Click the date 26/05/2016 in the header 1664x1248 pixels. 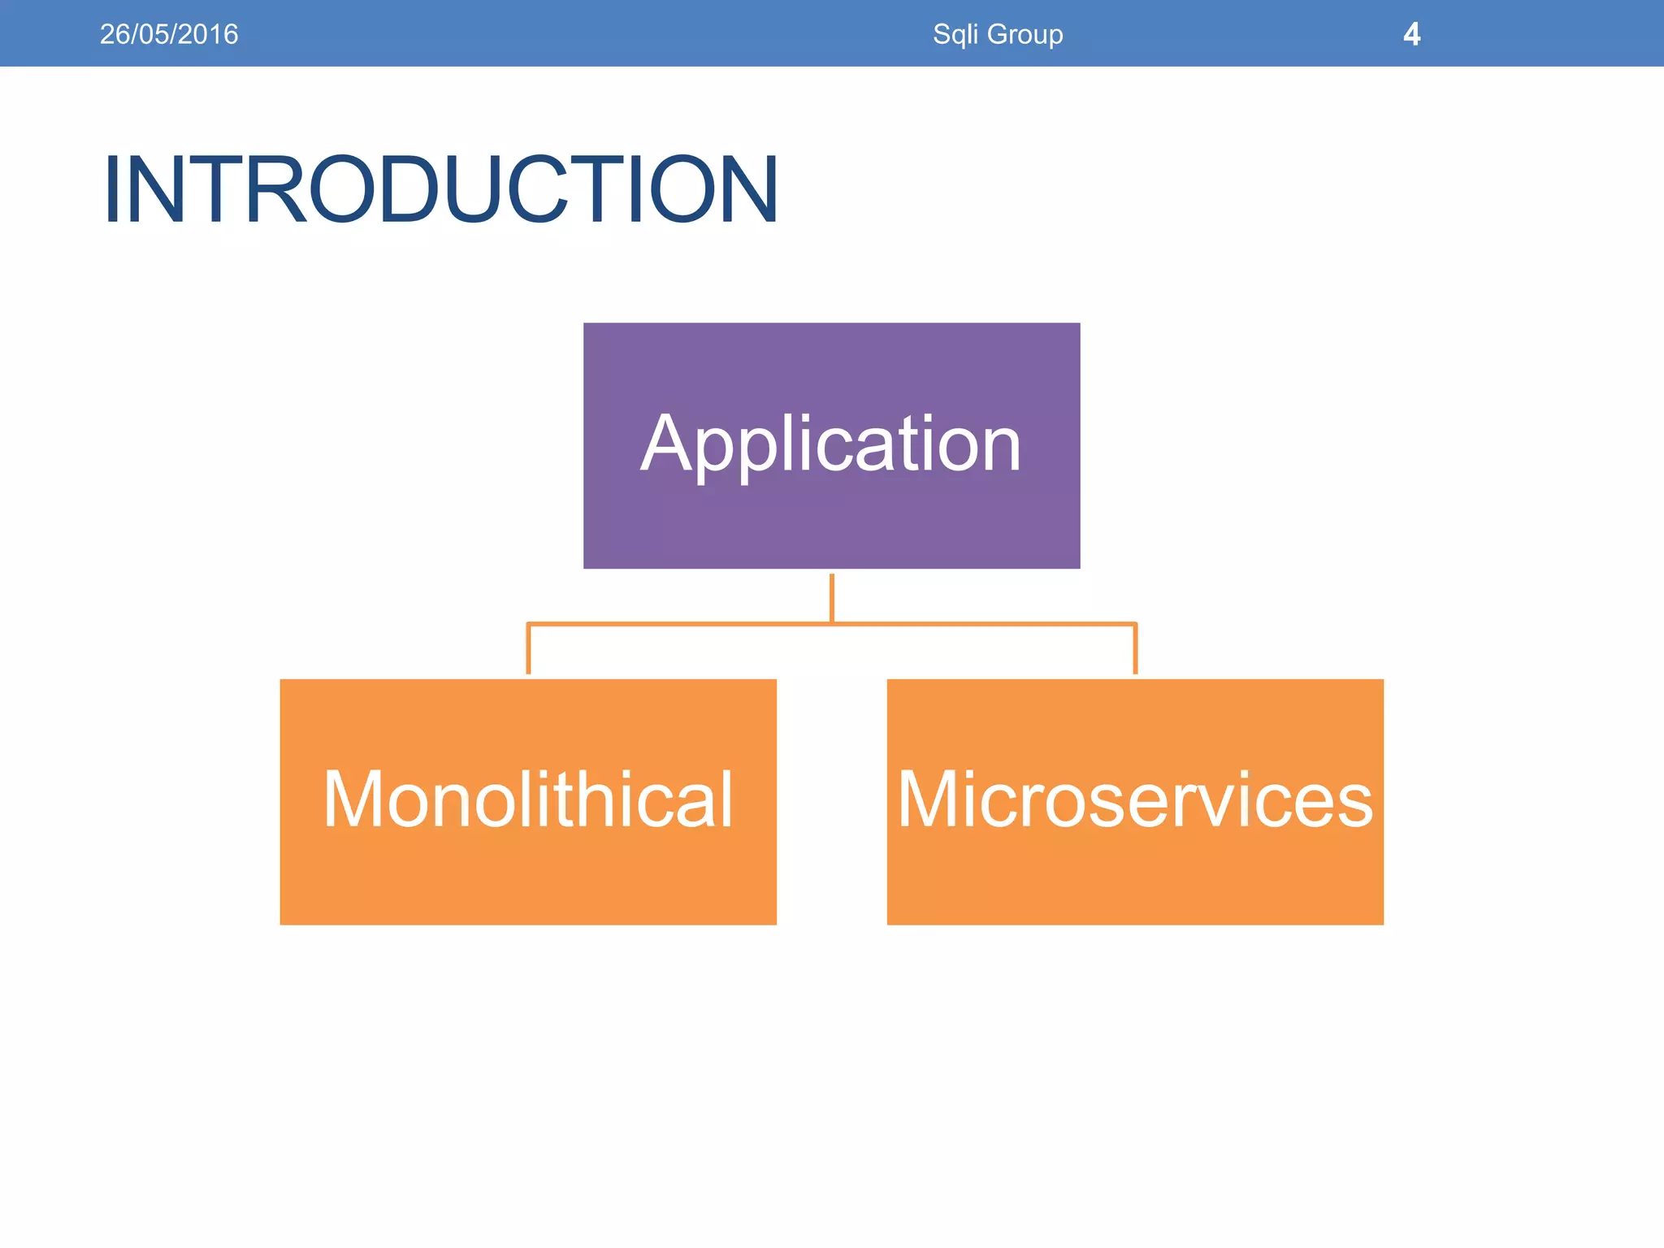click(169, 34)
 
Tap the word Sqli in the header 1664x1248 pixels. click(955, 34)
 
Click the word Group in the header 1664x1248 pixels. click(1025, 35)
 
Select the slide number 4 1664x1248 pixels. click(1411, 34)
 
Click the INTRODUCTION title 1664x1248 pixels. click(441, 189)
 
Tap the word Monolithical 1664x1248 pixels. click(528, 799)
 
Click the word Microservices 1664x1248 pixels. click(1135, 799)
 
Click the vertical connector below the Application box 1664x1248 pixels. click(832, 597)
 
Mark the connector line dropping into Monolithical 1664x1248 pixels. click(528, 650)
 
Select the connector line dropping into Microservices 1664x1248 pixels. click(1135, 650)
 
